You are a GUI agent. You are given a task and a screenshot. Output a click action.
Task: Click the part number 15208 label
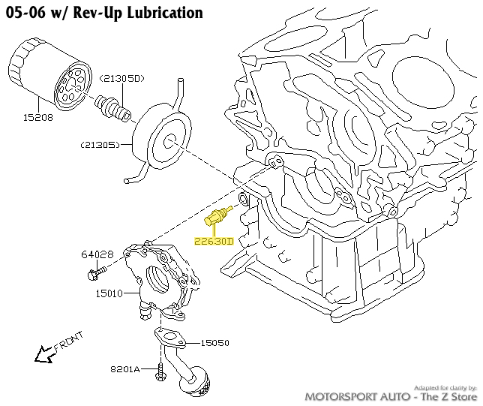(37, 118)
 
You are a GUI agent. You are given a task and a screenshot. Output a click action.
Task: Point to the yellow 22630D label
(214, 242)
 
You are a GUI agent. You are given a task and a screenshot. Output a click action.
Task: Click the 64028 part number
(97, 255)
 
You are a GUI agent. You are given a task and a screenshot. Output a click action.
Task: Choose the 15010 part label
(109, 294)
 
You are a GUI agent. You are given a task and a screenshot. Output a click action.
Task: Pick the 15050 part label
(214, 343)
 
